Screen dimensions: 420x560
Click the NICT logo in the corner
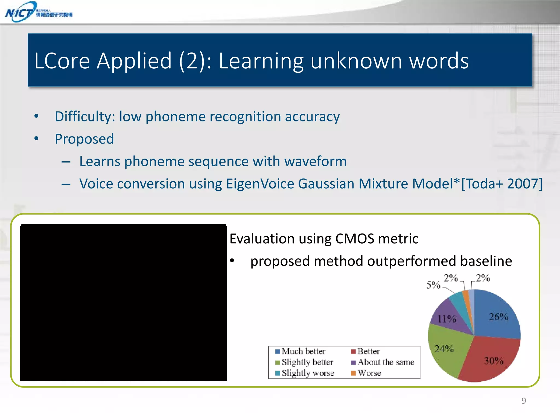pos(38,12)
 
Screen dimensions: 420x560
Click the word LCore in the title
pos(62,61)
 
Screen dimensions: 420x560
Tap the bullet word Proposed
pos(84,139)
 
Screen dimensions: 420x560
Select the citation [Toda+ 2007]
pos(502,184)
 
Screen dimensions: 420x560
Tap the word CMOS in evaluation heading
pos(354,239)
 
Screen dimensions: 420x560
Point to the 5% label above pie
pos(433,285)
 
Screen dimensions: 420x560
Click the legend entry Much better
pos(301,351)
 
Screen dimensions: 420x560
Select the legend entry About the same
pos(383,362)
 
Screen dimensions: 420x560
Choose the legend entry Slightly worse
pos(305,373)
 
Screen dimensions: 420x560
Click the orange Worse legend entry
pos(366,373)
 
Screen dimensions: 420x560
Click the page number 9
pos(524,401)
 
